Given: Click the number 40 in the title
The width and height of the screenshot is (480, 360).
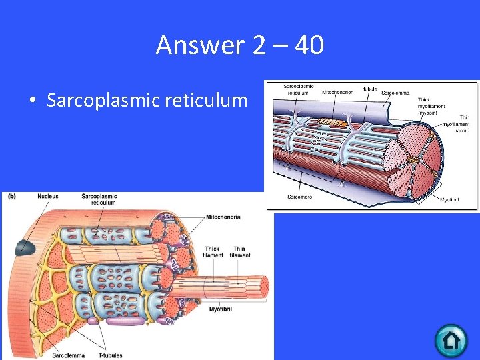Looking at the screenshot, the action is coord(308,45).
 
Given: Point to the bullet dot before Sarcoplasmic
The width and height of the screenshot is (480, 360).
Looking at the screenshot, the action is coord(31,101).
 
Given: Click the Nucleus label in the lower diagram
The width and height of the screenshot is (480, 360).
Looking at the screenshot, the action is coord(47,196).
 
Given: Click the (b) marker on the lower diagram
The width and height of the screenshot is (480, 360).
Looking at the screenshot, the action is coord(11,196).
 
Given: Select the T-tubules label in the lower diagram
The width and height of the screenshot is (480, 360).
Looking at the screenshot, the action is coord(116,355).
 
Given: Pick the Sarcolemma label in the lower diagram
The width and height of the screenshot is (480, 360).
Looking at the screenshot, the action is coord(68,355).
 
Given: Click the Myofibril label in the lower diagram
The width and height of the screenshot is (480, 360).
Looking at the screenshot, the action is coord(221,309).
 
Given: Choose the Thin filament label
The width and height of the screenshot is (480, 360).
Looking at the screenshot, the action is coord(240,252).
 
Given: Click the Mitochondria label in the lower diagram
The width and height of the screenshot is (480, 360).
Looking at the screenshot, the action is coord(223,217).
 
